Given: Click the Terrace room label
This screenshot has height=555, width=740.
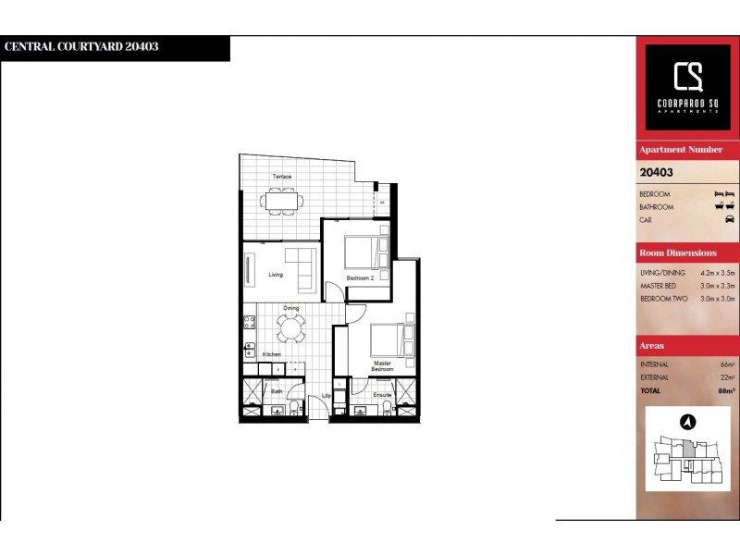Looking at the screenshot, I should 281,177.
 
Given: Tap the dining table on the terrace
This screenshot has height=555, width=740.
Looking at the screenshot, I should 279,199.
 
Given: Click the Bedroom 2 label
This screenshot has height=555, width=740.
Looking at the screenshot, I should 359,277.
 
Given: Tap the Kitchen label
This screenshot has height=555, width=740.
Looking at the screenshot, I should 271,354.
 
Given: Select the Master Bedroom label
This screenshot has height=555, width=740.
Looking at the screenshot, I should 383,366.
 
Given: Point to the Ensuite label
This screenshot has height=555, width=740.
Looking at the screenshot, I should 383,396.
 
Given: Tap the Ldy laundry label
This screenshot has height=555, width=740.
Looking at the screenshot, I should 326,397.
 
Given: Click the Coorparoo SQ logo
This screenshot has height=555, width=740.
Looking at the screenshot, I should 687,85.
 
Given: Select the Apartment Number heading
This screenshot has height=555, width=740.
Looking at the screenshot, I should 681,150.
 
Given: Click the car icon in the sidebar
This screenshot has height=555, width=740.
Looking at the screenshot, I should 729,220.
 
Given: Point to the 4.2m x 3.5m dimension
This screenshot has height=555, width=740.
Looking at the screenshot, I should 717,273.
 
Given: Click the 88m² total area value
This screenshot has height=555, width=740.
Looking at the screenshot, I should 724,390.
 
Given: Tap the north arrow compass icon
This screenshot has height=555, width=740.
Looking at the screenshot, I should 687,422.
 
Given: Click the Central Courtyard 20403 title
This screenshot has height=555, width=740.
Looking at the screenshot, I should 81,47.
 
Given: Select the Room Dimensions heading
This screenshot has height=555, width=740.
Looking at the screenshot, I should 678,253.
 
